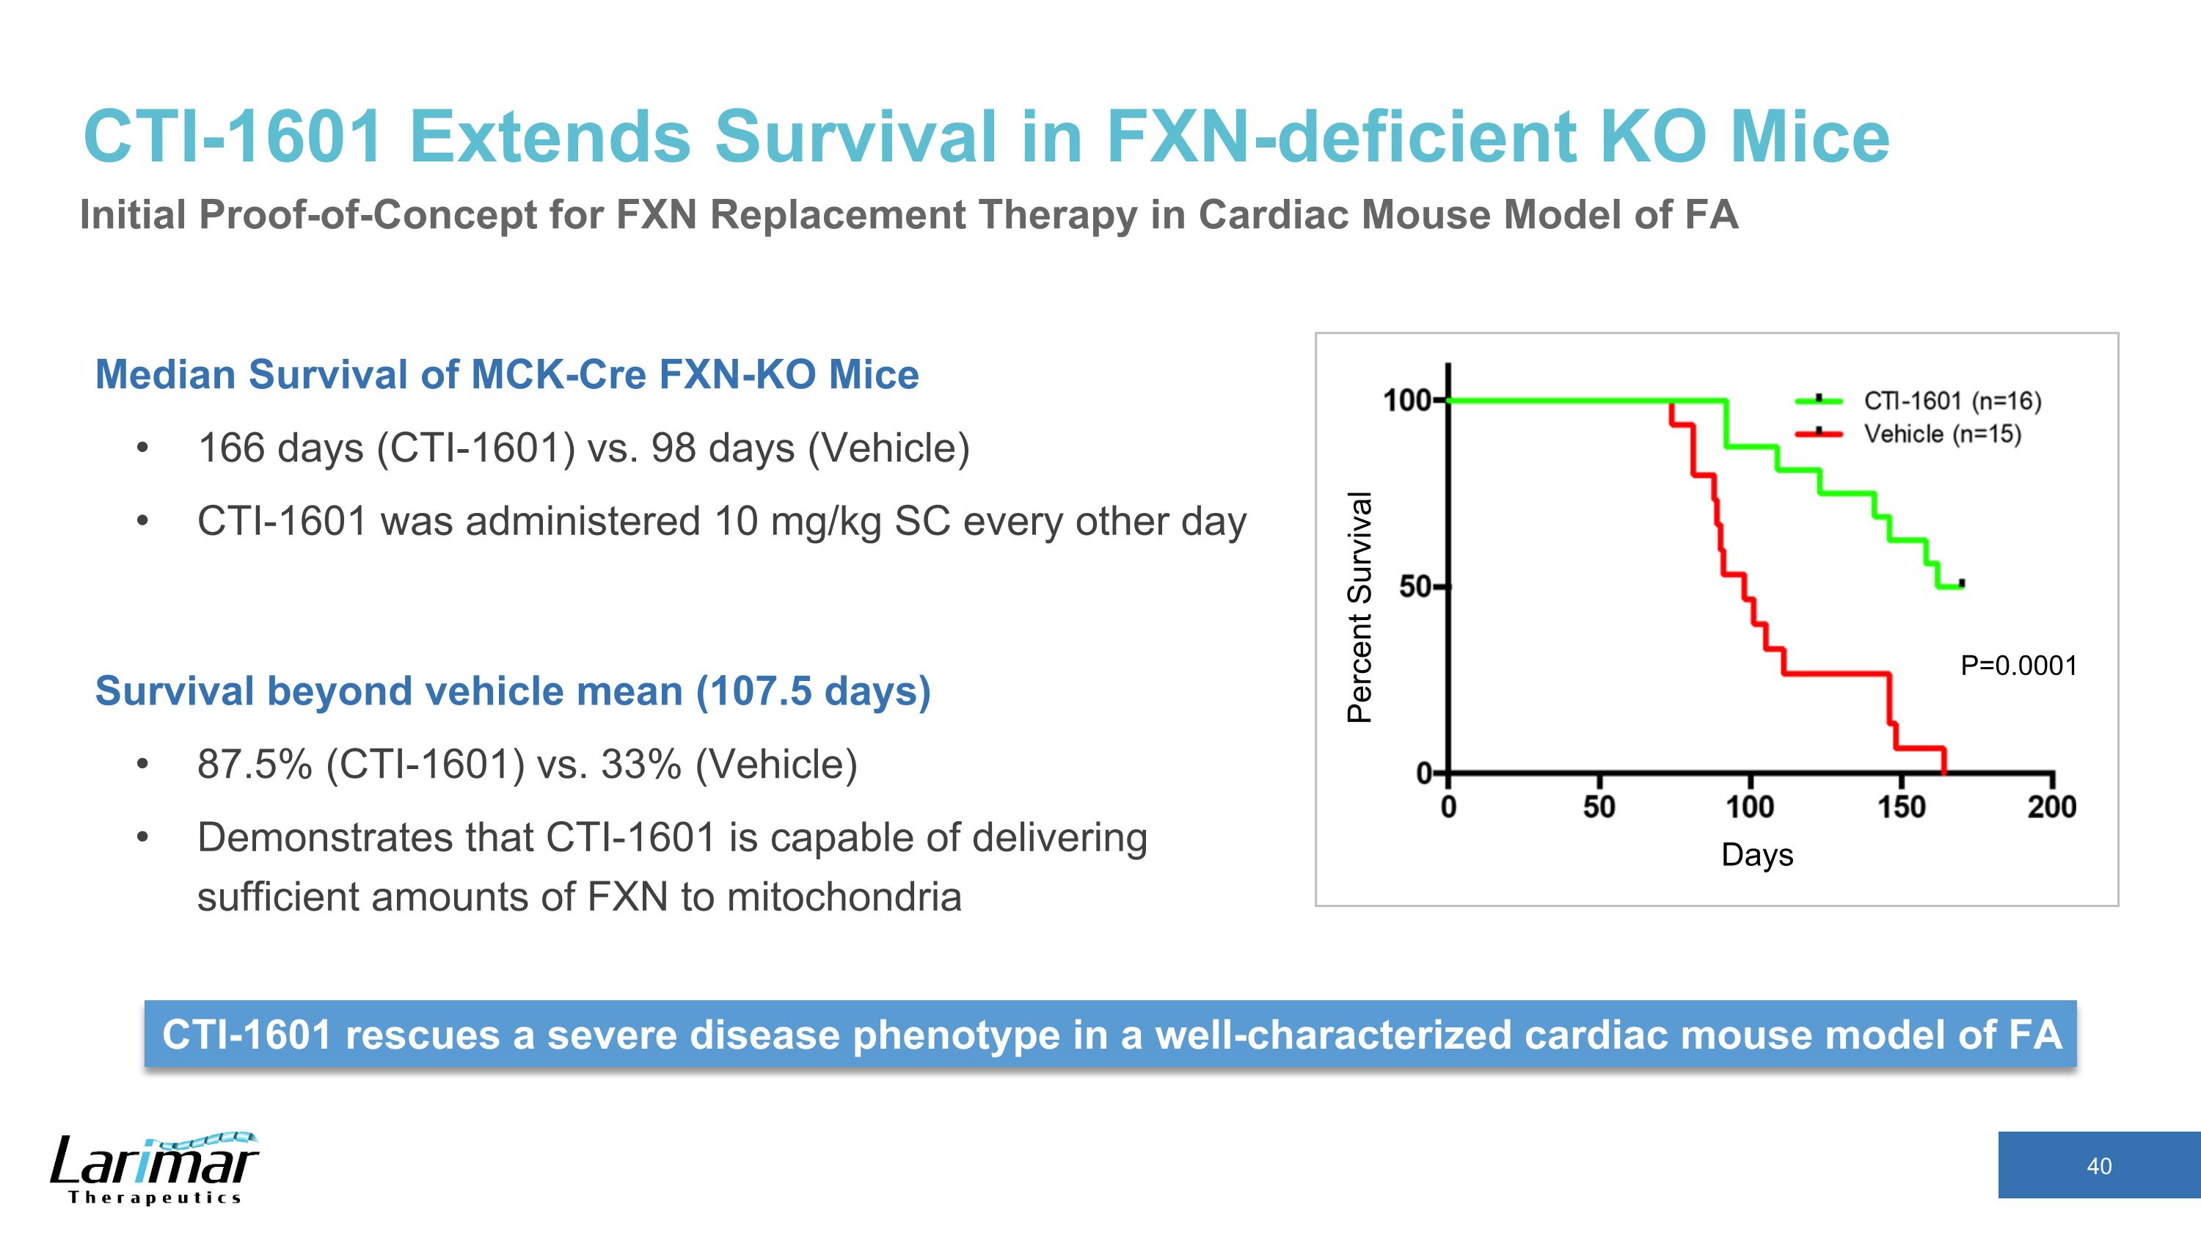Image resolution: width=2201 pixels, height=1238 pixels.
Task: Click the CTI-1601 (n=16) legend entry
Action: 1952,401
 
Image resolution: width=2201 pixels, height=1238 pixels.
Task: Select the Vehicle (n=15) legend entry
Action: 1941,434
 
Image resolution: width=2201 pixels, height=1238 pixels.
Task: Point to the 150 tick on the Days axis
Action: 1901,806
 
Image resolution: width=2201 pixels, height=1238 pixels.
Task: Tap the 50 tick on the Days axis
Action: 1599,806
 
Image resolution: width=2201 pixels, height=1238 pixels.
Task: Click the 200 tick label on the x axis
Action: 2051,806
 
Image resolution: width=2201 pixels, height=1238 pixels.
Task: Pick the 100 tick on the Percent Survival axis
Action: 1407,400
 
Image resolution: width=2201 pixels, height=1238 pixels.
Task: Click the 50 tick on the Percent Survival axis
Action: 1416,587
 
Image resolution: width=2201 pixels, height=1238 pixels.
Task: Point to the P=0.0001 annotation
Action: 2018,666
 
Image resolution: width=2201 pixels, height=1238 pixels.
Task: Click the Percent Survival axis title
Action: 1359,608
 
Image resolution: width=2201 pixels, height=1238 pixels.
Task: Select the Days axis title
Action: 1756,855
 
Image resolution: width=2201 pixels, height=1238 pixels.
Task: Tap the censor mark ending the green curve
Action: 1962,583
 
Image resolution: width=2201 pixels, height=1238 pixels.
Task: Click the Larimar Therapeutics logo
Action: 154,1168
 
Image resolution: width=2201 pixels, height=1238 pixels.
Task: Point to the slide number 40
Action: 2098,1166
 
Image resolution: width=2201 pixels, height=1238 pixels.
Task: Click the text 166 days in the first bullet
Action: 281,448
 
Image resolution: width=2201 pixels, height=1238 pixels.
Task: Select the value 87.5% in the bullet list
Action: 254,764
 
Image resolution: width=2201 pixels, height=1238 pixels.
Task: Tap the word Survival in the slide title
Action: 855,136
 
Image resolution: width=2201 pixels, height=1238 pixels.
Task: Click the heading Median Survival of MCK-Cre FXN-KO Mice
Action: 507,374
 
